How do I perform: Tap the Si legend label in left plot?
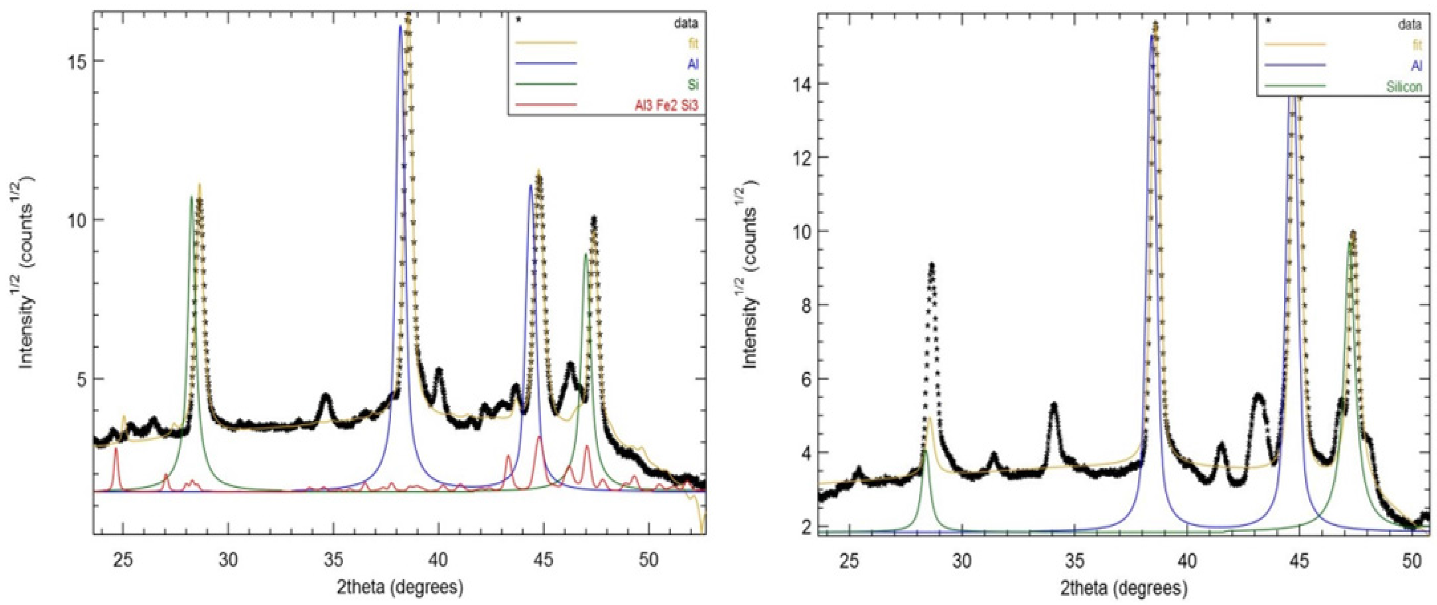coord(692,84)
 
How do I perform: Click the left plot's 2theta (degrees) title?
coord(400,587)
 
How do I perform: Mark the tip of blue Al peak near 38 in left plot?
coord(400,27)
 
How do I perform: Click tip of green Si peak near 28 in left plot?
coord(191,196)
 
